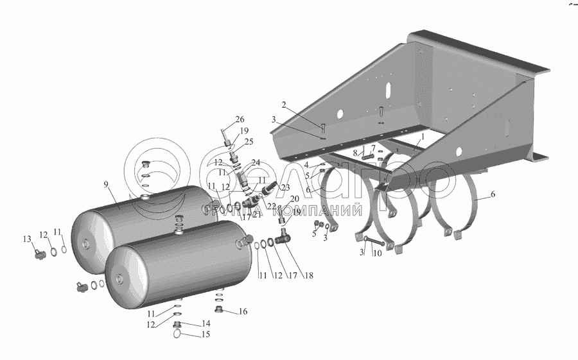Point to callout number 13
pos(28,239)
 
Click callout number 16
pos(243,312)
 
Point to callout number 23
pos(267,187)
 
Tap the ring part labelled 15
pos(179,332)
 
